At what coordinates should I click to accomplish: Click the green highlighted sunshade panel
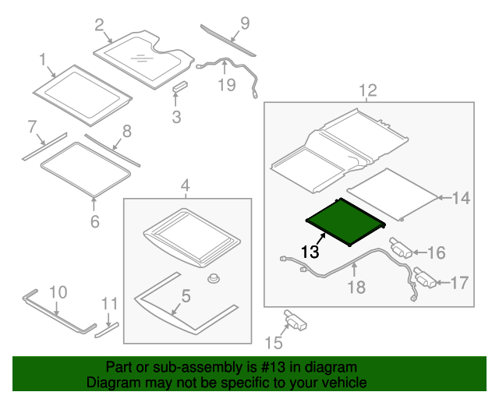pyautogui.click(x=343, y=220)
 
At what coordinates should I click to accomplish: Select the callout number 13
pyautogui.click(x=310, y=252)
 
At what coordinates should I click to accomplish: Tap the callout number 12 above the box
pyautogui.click(x=367, y=90)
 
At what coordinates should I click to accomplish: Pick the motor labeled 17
pyautogui.click(x=425, y=277)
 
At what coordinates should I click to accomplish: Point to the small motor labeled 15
pyautogui.click(x=295, y=318)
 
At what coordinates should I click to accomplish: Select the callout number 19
pyautogui.click(x=226, y=84)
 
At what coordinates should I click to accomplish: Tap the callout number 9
pyautogui.click(x=244, y=23)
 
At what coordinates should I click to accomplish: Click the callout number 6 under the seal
pyautogui.click(x=94, y=221)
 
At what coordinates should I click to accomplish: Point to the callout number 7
pyautogui.click(x=32, y=125)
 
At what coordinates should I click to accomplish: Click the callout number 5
pyautogui.click(x=186, y=295)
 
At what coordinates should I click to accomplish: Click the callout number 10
pyautogui.click(x=58, y=293)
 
